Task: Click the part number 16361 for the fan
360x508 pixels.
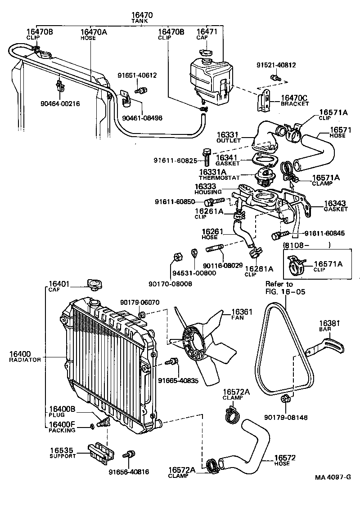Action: [242, 311]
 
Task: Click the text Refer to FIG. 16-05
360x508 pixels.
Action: [285, 288]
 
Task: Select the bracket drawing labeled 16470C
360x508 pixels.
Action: [264, 102]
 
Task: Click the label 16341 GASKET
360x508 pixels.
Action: [228, 160]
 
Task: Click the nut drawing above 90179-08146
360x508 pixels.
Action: [284, 399]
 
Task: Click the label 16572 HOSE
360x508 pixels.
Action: [285, 460]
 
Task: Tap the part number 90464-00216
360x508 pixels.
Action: [59, 103]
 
